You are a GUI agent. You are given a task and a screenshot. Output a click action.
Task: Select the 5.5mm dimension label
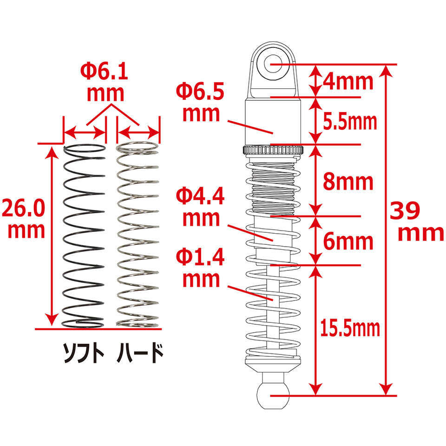(x=350, y=122)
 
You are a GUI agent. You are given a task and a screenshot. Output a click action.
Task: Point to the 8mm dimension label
(x=348, y=182)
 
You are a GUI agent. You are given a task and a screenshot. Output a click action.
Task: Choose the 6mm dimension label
(x=348, y=242)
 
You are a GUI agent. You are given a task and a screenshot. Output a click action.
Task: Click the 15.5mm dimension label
(x=350, y=328)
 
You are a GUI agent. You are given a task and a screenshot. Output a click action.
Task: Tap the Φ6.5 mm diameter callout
(x=201, y=102)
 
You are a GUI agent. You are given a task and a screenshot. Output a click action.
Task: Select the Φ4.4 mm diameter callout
(x=201, y=206)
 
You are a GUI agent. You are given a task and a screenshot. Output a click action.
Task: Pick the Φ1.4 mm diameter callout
(x=201, y=268)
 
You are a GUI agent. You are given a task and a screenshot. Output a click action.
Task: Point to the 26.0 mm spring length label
(x=23, y=218)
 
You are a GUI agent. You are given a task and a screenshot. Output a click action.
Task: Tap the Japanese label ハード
(x=140, y=353)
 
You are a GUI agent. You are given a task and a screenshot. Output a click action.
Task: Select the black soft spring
(x=83, y=236)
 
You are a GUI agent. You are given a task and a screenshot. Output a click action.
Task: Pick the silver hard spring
(x=138, y=234)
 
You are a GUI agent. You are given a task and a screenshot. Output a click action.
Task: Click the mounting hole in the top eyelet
(x=273, y=64)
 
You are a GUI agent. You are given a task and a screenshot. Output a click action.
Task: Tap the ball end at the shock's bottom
(x=273, y=396)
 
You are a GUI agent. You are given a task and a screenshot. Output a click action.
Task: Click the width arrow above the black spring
(x=85, y=132)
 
